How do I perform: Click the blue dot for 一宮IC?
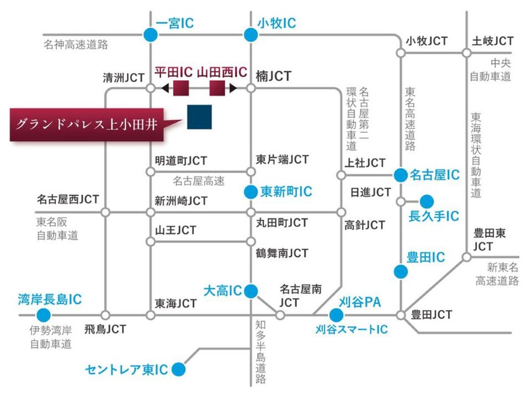tap(150, 35)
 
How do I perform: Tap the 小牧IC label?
tap(276, 23)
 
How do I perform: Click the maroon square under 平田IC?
tap(181, 88)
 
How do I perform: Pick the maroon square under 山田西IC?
tap(217, 88)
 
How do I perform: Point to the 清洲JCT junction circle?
tap(150, 88)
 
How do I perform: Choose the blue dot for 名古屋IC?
tap(400, 175)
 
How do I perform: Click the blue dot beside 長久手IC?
tap(427, 201)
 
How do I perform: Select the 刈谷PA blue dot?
tap(335, 315)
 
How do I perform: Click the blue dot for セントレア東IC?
tap(178, 368)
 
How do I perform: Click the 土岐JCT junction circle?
tap(467, 53)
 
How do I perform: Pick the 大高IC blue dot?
tap(251, 290)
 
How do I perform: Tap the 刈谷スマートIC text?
tap(351, 330)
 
